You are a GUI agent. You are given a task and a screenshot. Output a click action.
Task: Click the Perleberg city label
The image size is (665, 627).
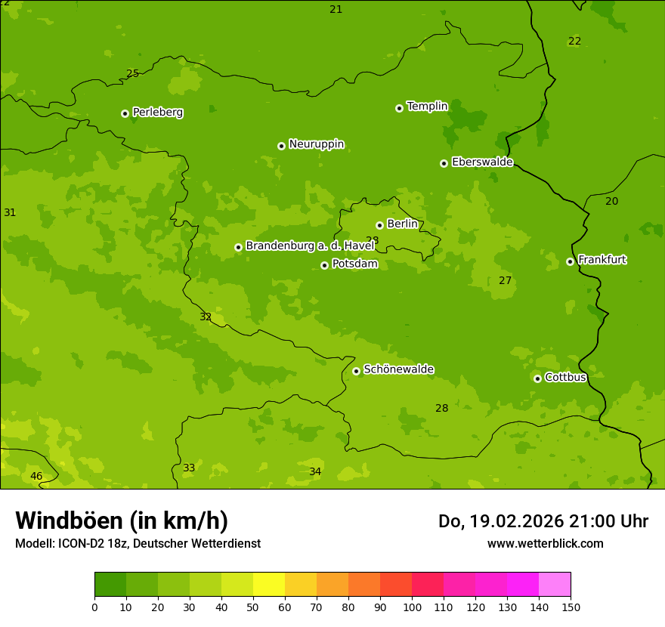point(157,113)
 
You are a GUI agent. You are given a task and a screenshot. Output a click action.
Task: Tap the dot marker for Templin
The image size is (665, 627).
point(399,108)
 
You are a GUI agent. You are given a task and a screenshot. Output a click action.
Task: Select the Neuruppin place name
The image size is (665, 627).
point(316,144)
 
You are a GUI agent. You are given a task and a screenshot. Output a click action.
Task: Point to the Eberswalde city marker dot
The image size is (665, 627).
point(444,163)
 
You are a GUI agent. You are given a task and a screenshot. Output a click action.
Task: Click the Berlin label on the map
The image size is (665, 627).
point(402,224)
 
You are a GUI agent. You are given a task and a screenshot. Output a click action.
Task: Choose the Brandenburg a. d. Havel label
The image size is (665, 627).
point(310,246)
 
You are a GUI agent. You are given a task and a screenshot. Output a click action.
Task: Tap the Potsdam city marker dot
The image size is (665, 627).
point(324,265)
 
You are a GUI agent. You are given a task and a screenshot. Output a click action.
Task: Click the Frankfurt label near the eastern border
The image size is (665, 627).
point(602,260)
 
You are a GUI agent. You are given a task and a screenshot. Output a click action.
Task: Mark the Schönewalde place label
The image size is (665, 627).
point(398,369)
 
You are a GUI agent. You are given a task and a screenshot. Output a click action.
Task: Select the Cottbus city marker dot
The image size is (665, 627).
point(537,378)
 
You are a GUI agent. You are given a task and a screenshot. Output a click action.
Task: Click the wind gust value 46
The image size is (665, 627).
point(36,476)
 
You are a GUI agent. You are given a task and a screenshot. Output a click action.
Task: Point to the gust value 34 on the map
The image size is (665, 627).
point(315,472)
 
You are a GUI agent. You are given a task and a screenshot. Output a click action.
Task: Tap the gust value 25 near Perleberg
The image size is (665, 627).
point(133,73)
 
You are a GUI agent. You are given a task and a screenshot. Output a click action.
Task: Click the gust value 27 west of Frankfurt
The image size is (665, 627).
point(506,281)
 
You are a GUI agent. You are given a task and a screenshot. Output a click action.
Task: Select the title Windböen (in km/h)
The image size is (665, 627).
point(122,520)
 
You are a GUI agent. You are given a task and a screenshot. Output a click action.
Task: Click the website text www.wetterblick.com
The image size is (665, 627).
point(545,543)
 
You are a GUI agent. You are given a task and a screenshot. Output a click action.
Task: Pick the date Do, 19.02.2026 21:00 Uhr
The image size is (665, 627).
point(543,521)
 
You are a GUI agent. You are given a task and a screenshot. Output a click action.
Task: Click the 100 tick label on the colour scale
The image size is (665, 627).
point(412,607)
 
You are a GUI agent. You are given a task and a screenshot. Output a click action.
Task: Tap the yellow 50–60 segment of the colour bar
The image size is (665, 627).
point(269,585)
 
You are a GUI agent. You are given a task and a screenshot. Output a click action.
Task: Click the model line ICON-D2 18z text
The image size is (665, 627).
point(138,543)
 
